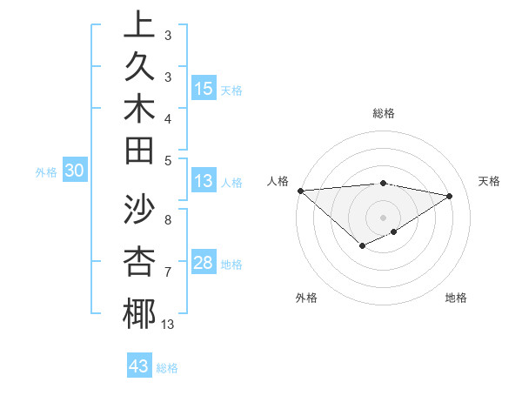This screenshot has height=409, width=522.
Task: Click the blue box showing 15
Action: tap(204, 89)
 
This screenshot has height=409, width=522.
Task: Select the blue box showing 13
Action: tap(204, 182)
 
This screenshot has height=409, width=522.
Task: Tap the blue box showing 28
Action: tap(204, 263)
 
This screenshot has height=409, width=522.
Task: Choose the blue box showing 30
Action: tap(75, 171)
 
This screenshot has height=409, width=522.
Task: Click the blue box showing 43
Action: tap(139, 366)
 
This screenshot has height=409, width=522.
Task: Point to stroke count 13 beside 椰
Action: tap(167, 325)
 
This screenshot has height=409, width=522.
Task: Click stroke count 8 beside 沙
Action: tap(167, 220)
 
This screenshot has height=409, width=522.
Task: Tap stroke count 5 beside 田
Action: tap(167, 160)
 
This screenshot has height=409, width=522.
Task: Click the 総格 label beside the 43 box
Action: tap(167, 368)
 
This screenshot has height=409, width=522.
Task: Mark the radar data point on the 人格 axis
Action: tap(300, 190)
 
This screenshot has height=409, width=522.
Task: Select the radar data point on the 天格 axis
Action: tap(450, 197)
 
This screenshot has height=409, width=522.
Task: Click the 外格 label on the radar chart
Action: tap(306, 298)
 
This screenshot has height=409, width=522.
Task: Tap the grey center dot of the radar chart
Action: tap(383, 216)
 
